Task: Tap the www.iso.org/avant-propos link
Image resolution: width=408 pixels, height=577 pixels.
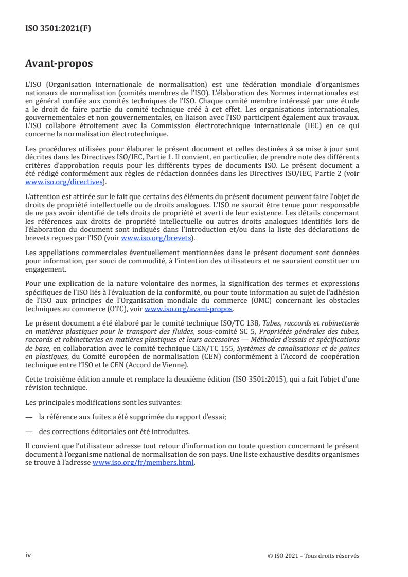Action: point(189,309)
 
